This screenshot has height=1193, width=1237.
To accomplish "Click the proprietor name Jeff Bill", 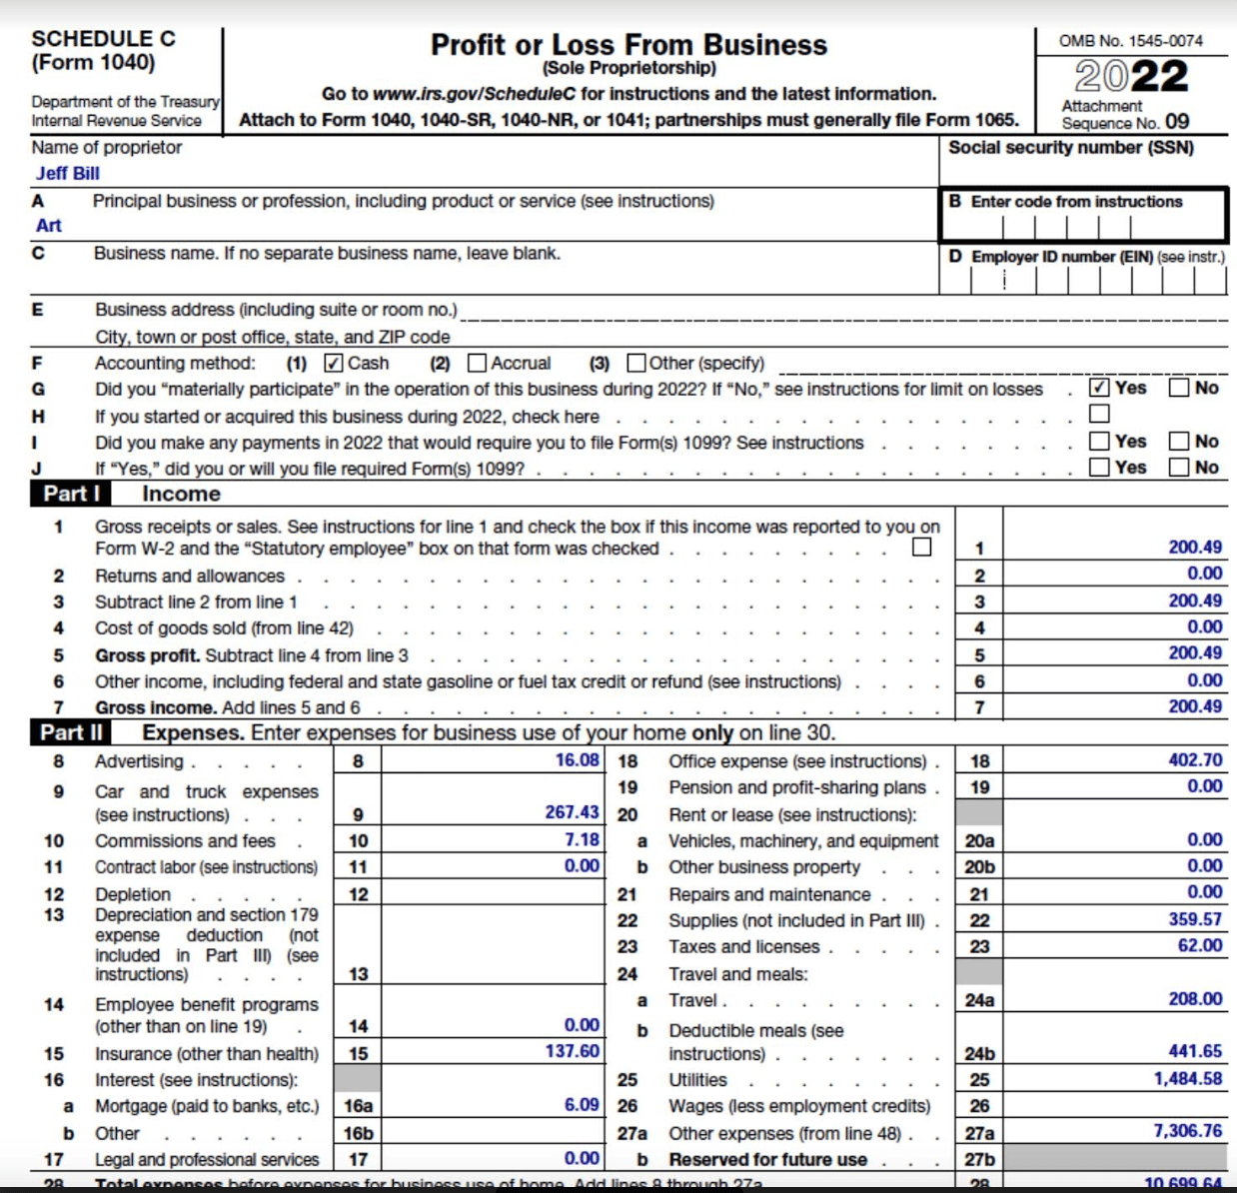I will tap(67, 173).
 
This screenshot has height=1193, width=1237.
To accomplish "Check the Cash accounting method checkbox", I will tap(334, 363).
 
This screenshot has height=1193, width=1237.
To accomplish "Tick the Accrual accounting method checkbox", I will tap(477, 363).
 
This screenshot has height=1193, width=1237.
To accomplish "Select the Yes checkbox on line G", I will tap(1099, 388).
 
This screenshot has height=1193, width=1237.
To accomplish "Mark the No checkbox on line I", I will tap(1179, 441).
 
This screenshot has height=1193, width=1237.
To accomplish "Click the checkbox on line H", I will tap(1099, 414).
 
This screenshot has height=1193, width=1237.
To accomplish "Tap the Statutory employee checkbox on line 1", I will tap(921, 547).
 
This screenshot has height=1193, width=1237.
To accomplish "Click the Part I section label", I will tap(71, 494).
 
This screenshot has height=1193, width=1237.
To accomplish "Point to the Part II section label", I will tap(71, 732).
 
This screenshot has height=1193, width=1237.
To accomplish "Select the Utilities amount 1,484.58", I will tap(1187, 1079).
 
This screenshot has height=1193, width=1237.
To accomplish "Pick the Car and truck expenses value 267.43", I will tap(572, 812).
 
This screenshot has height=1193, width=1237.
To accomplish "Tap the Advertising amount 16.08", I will tap(577, 760).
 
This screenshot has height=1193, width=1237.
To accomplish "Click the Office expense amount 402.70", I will tap(1195, 760).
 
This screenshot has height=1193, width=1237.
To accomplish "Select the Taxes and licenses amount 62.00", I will tap(1199, 945).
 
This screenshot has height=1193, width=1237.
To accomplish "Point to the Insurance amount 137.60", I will tap(572, 1051).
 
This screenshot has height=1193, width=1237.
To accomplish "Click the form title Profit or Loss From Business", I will tap(628, 45).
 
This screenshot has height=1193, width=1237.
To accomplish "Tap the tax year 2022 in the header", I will tap(1131, 77).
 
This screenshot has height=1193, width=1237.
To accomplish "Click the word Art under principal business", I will tap(49, 226).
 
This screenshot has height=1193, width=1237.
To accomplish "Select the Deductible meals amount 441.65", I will tap(1195, 1051).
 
